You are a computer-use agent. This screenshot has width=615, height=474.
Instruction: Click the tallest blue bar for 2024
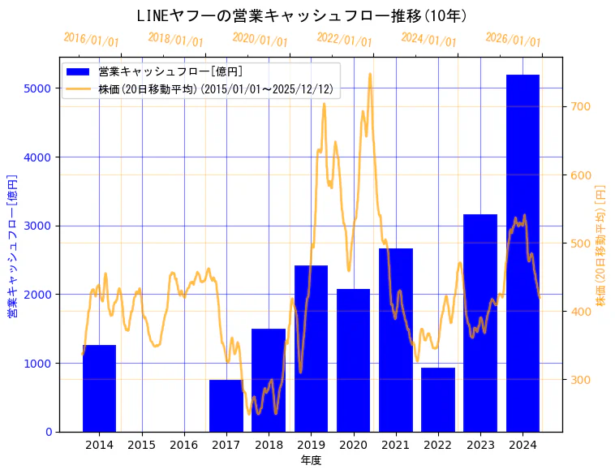pyautogui.click(x=523, y=252)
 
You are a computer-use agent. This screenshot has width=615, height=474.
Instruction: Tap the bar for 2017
pyautogui.click(x=226, y=405)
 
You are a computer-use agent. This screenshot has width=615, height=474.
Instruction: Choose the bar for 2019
pyautogui.click(x=311, y=348)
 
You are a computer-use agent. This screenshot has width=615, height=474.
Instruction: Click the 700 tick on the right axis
pyautogui.click(x=581, y=106)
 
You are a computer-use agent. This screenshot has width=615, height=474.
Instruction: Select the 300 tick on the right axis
pyautogui.click(x=581, y=380)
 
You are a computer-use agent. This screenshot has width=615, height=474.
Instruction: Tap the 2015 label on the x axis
pyautogui.click(x=142, y=445)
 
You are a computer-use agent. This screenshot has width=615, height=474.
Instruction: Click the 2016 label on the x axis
pyautogui.click(x=184, y=445)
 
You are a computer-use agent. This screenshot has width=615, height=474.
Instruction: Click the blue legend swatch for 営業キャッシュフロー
pyautogui.click(x=80, y=71)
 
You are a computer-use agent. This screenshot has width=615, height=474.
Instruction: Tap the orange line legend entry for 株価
pyautogui.click(x=80, y=89)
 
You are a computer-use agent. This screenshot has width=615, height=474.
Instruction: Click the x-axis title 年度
pyautogui.click(x=311, y=460)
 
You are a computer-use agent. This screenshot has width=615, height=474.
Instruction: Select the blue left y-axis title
pyautogui.click(x=12, y=244)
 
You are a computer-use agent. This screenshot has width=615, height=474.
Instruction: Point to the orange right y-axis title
pyautogui.click(x=601, y=244)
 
